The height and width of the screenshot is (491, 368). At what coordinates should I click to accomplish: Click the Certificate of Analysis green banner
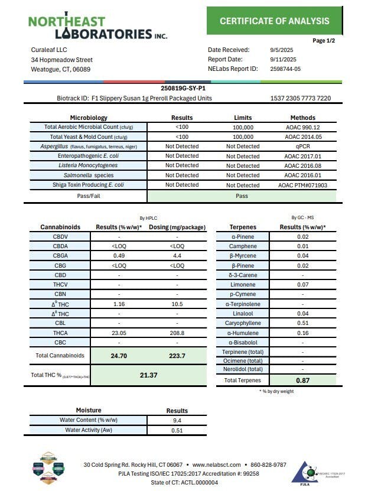(275, 21)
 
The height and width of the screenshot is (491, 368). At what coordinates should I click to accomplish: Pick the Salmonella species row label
(89, 175)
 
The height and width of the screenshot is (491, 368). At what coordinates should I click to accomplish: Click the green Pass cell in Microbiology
(242, 196)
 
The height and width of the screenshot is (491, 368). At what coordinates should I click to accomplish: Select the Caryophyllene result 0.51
(303, 323)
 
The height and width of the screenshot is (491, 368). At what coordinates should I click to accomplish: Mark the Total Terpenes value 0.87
(303, 381)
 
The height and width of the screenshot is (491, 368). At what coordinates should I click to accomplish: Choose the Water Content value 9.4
(177, 420)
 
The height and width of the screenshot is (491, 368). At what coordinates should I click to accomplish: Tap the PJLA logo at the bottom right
(307, 473)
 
